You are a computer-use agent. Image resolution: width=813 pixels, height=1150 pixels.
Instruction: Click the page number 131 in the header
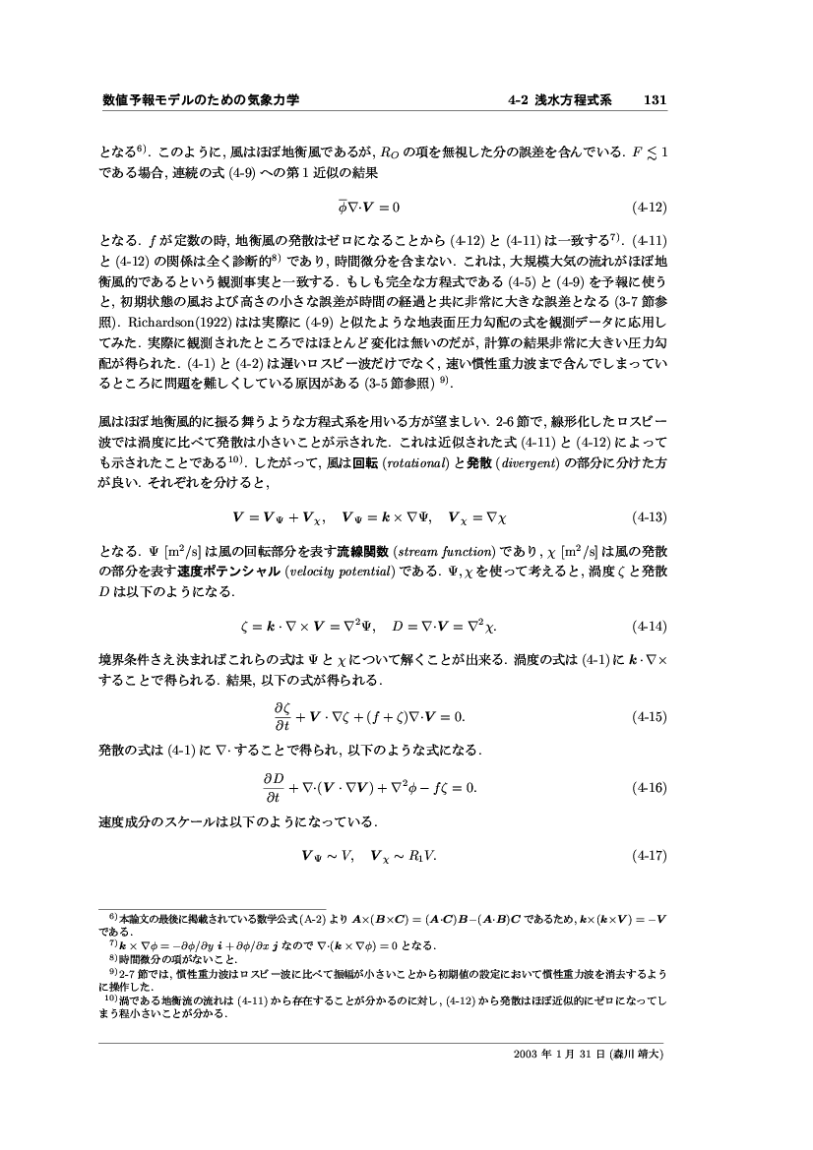click(x=656, y=100)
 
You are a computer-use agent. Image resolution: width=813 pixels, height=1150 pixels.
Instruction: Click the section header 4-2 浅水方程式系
click(x=560, y=100)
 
